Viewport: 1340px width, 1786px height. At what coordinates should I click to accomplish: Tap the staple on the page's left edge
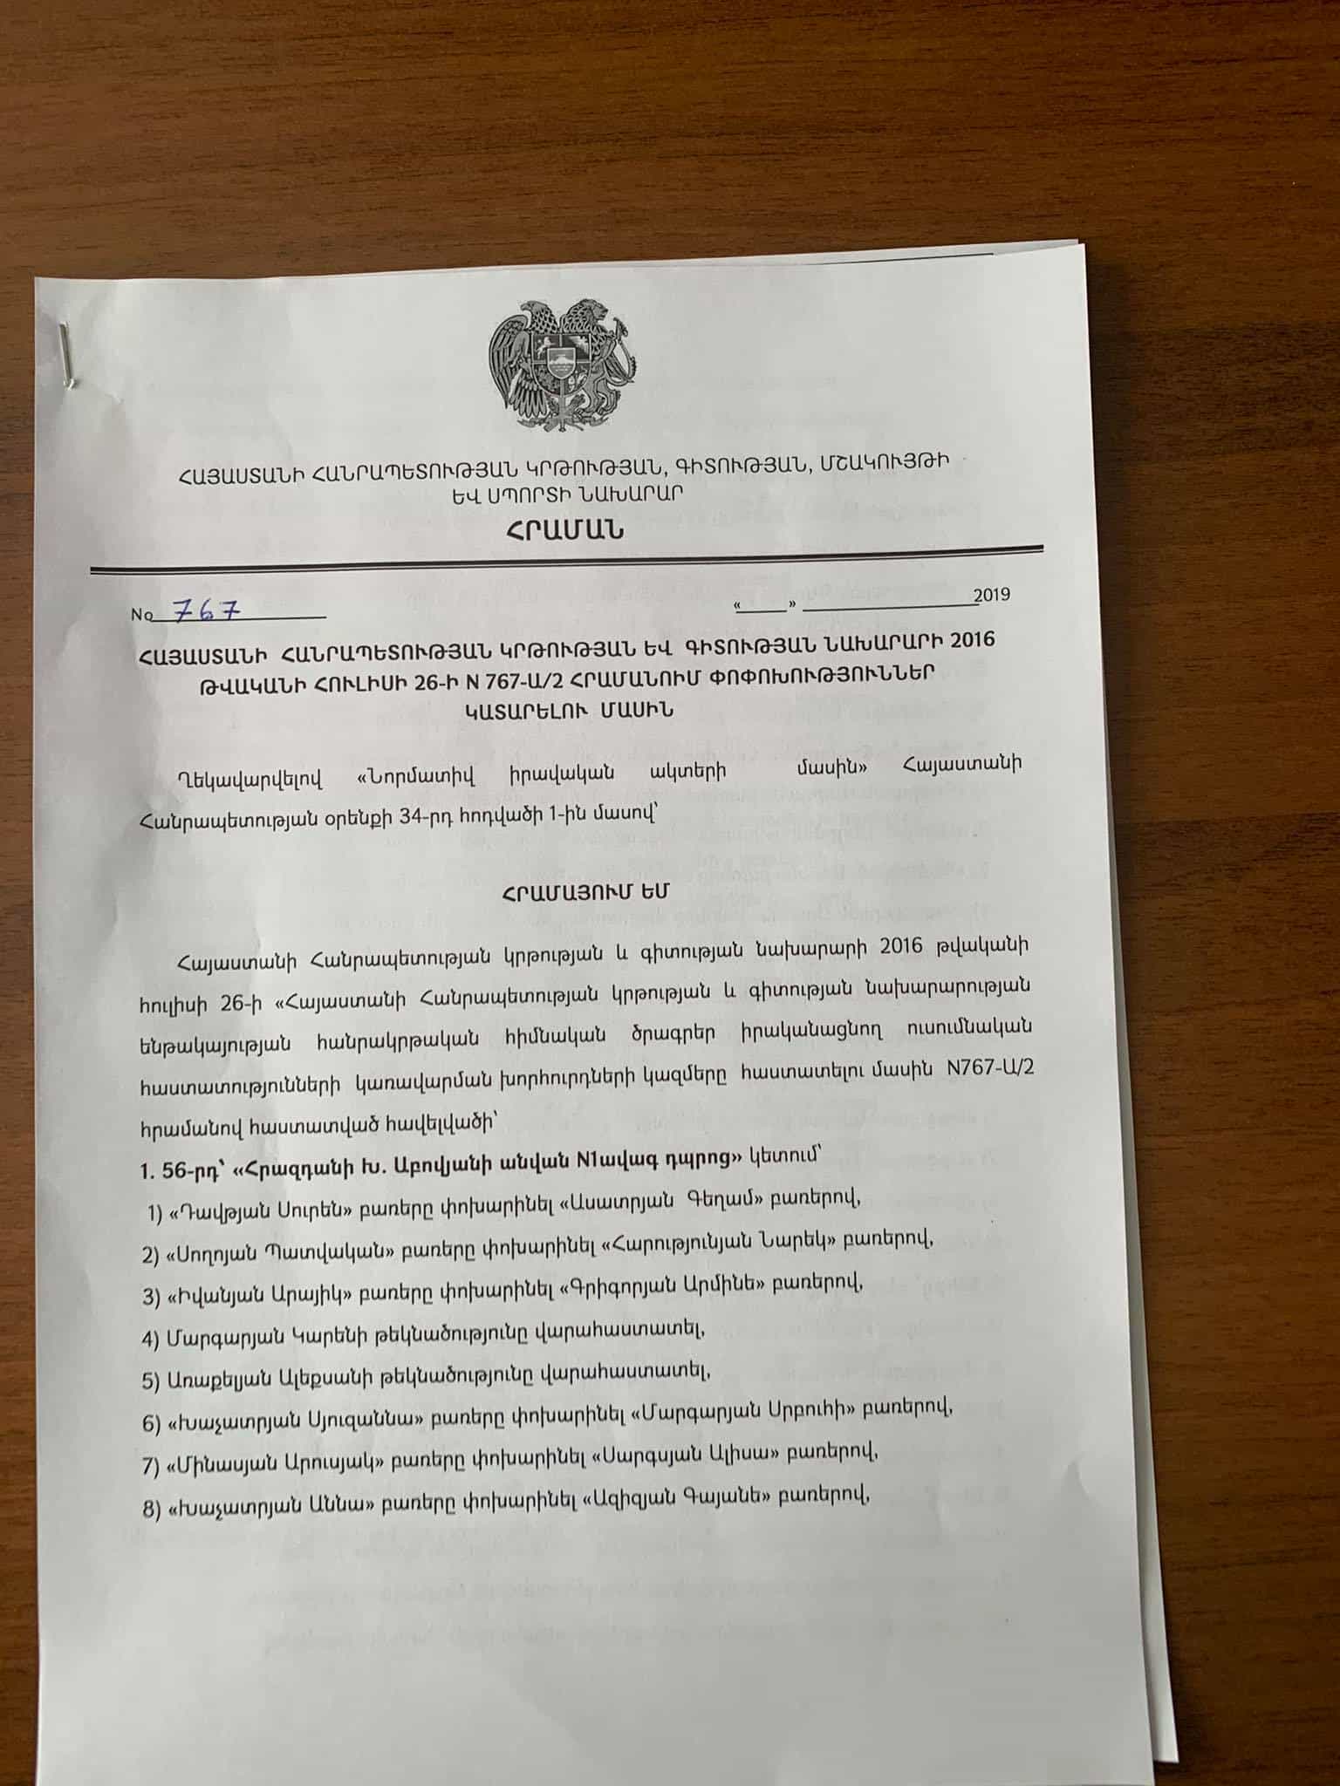[x=67, y=354]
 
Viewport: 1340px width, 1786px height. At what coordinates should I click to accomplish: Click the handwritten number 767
[x=207, y=610]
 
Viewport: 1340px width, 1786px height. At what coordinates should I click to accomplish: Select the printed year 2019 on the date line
[x=992, y=595]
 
